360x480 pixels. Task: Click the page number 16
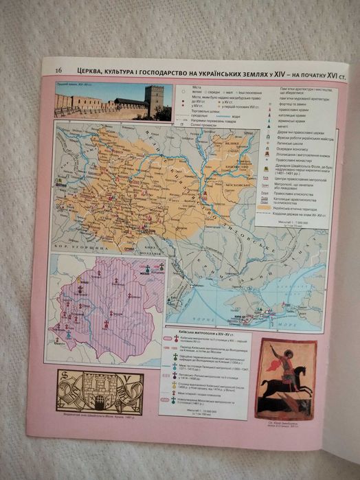coord(59,70)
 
